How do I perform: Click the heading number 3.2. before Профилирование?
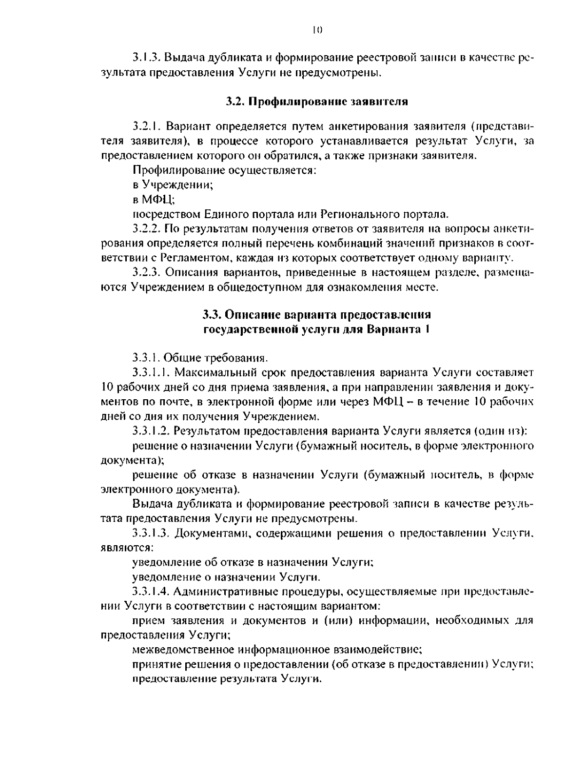point(236,102)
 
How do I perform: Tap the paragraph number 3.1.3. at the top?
point(146,58)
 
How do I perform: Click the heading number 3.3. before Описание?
point(213,314)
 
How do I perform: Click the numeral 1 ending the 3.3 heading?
point(427,329)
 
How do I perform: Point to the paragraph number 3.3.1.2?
point(150,431)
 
